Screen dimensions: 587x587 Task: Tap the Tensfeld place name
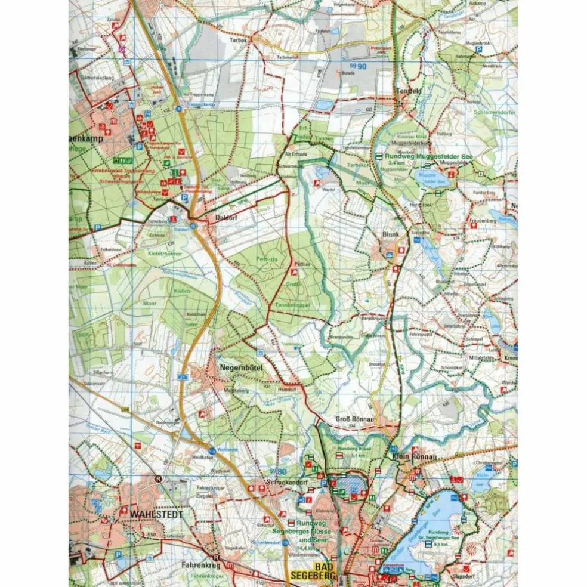(x=409, y=91)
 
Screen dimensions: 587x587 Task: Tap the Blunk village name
(x=390, y=234)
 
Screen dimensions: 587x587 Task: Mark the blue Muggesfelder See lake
(x=432, y=178)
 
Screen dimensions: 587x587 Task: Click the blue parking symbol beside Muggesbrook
(x=478, y=42)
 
